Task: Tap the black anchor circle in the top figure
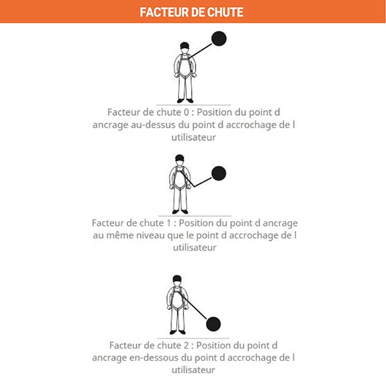[x=219, y=39]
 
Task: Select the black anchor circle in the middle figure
[x=219, y=173]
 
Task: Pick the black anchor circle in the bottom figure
[x=213, y=324]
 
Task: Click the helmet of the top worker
[x=185, y=45]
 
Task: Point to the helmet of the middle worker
[x=179, y=158]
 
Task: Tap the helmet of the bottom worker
[x=177, y=279]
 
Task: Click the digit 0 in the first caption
[x=187, y=112]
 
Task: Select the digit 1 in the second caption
[x=169, y=223]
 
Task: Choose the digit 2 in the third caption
[x=186, y=345]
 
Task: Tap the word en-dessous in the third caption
[x=154, y=358]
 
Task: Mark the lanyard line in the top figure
[x=200, y=51]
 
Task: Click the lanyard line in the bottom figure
[x=192, y=305]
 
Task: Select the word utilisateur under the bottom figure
[x=194, y=370]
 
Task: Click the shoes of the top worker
[x=185, y=101]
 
